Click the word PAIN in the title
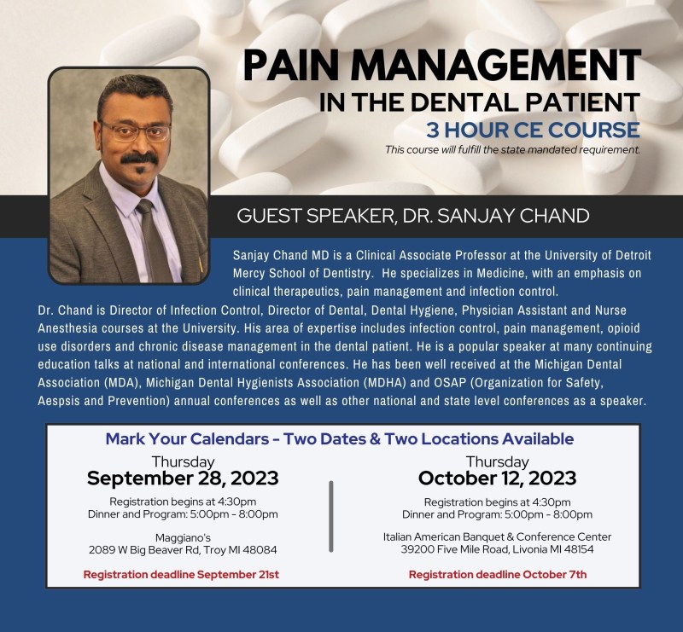[x=291, y=66]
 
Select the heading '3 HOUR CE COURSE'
[x=533, y=130]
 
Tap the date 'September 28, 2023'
[x=183, y=478]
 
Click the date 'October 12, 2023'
[x=497, y=478]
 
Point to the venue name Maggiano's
[x=183, y=537]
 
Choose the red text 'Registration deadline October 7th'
[x=498, y=575]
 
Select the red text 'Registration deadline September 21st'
[x=181, y=575]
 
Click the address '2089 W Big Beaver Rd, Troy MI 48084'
[x=183, y=550]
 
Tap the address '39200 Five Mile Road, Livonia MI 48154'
[x=497, y=549]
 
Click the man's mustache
[x=139, y=158]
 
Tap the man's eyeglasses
[x=136, y=131]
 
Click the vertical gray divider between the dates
[x=331, y=517]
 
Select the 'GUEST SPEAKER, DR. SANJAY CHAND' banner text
[x=413, y=216]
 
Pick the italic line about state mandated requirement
[x=512, y=150]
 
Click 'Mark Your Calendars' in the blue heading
[x=187, y=438]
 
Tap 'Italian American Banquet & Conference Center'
[x=497, y=536]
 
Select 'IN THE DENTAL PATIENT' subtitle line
[x=480, y=102]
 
